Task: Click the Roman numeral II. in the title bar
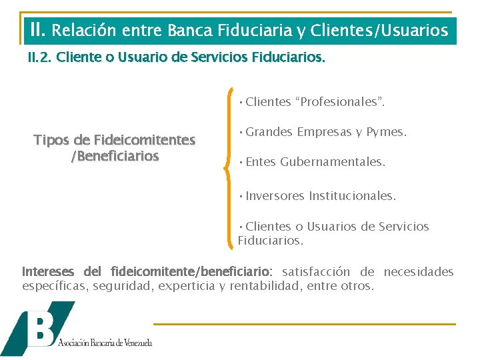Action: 37,29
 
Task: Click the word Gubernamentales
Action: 333,162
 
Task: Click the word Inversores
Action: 275,196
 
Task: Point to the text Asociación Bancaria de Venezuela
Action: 105,343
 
